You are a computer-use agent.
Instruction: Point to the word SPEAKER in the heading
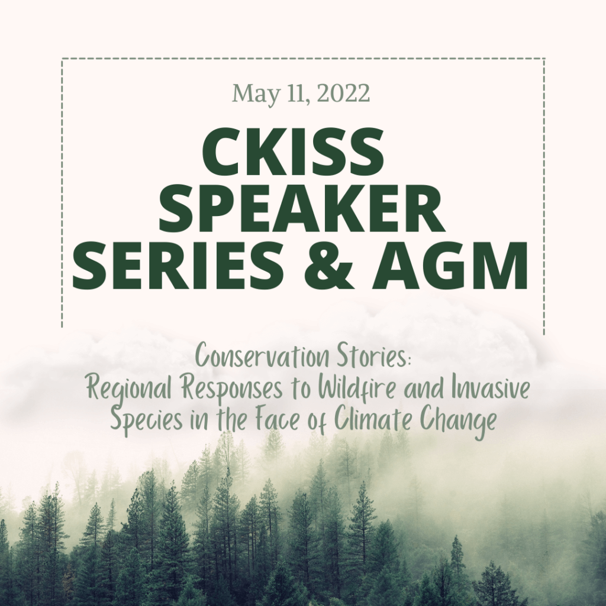tap(302, 209)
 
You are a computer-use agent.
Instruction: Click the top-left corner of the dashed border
tap(62, 59)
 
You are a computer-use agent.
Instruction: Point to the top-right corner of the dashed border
tap(544, 59)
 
